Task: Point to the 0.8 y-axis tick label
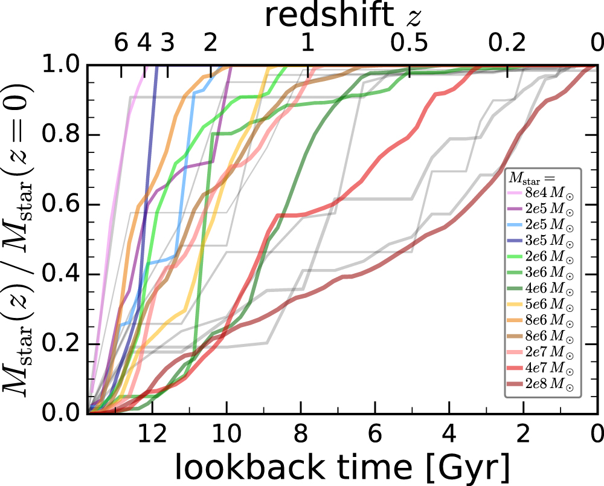click(58, 135)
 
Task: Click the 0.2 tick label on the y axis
click(58, 343)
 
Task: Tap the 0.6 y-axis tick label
click(58, 204)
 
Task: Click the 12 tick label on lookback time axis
click(152, 433)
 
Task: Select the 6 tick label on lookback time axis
click(375, 433)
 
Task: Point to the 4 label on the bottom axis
click(449, 433)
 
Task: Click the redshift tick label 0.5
click(409, 43)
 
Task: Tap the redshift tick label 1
click(307, 43)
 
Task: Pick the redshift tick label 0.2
click(507, 43)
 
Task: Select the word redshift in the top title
click(327, 16)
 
